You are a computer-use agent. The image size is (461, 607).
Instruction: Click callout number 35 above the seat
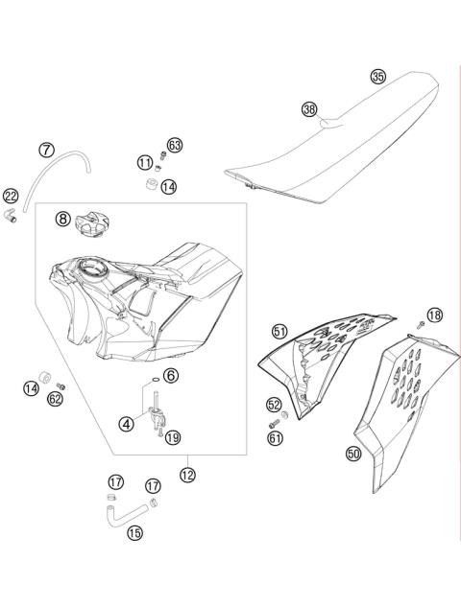377,77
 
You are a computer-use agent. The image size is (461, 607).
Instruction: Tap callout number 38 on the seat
308,109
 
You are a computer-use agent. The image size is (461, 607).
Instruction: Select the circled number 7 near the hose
46,150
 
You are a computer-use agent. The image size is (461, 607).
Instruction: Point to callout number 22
12,196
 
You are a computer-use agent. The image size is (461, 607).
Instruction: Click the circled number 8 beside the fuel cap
62,220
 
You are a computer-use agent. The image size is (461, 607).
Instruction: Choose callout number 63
175,145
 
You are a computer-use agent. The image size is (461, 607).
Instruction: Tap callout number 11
144,162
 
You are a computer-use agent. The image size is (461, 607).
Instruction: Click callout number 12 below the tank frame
187,473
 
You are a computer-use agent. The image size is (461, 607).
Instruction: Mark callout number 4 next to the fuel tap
127,422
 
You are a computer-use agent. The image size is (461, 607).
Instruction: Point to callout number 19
172,438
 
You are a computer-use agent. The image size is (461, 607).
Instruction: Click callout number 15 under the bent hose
133,532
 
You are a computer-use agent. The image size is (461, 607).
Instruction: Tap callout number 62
56,398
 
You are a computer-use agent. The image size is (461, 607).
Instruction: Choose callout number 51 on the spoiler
279,331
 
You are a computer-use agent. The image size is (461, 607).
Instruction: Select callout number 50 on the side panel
353,455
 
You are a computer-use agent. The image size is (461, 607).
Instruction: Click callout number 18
435,315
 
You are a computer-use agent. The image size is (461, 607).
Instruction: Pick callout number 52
274,405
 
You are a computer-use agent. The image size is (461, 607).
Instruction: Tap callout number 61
276,437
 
